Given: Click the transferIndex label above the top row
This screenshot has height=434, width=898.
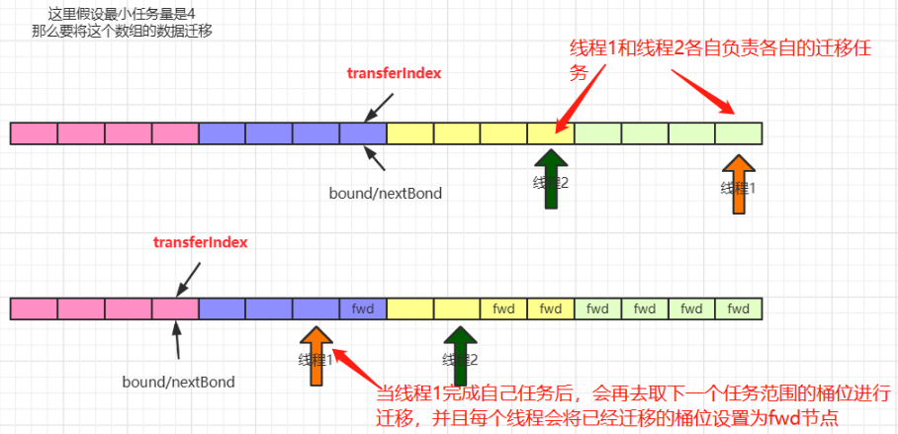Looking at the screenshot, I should pyautogui.click(x=394, y=73).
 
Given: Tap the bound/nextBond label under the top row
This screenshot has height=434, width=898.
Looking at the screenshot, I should pyautogui.click(x=386, y=193).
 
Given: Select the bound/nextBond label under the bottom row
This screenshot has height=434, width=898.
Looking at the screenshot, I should pyautogui.click(x=179, y=381).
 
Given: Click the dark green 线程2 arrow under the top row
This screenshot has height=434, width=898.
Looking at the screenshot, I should pyautogui.click(x=551, y=179).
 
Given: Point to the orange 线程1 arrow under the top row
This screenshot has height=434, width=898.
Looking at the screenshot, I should pyautogui.click(x=739, y=184).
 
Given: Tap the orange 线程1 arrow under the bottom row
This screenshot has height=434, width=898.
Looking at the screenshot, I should pyautogui.click(x=315, y=357).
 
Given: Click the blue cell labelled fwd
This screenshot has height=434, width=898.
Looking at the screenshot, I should pyautogui.click(x=362, y=308).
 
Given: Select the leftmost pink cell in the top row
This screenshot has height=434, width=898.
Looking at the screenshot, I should pyautogui.click(x=35, y=133).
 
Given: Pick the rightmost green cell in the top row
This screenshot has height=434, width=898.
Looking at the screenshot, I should pyautogui.click(x=739, y=133).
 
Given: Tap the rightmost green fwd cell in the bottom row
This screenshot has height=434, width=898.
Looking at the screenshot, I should pyautogui.click(x=739, y=308).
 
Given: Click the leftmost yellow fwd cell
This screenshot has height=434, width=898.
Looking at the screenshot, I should pyautogui.click(x=503, y=308).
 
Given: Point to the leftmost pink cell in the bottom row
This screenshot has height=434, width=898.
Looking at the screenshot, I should pyautogui.click(x=35, y=308).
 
